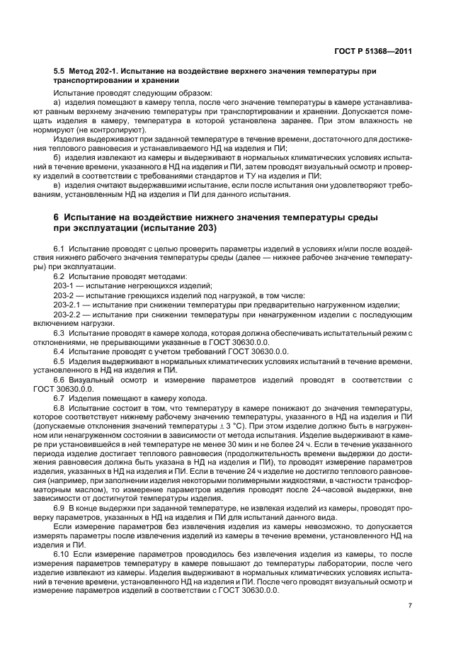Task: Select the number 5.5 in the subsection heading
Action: [59, 72]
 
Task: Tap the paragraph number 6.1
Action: [59, 249]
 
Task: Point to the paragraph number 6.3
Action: [59, 332]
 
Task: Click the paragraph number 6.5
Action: [59, 360]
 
